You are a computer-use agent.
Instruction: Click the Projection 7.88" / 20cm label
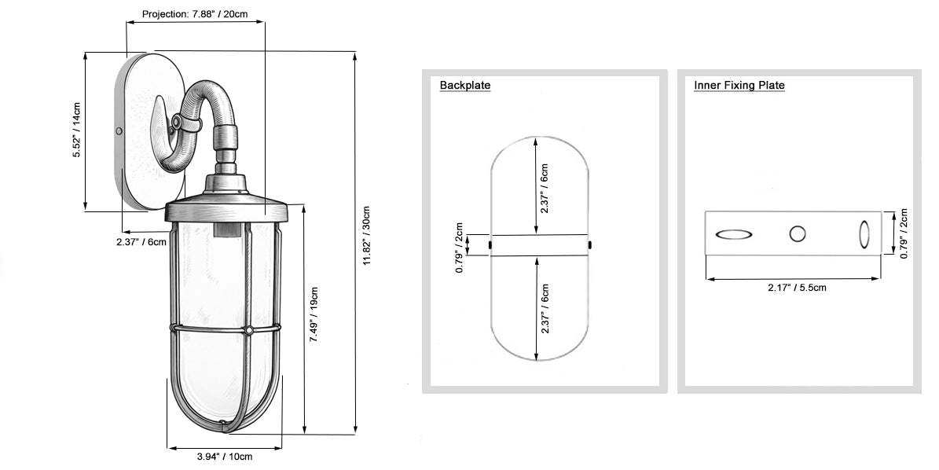pyautogui.click(x=195, y=14)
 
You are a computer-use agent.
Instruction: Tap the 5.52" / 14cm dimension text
pyautogui.click(x=77, y=130)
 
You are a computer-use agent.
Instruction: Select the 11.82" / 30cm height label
pyautogui.click(x=366, y=236)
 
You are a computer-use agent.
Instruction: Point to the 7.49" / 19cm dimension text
pyautogui.click(x=314, y=315)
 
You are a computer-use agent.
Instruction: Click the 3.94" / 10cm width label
pyautogui.click(x=225, y=456)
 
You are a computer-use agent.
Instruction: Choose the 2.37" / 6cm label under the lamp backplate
pyautogui.click(x=141, y=242)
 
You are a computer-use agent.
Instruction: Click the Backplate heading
pyautogui.click(x=464, y=85)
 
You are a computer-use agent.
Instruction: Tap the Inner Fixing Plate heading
pyautogui.click(x=739, y=85)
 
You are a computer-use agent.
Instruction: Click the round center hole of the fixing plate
pyautogui.click(x=797, y=233)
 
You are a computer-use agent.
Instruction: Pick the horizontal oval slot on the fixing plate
pyautogui.click(x=734, y=235)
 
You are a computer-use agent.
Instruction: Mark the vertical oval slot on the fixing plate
pyautogui.click(x=864, y=234)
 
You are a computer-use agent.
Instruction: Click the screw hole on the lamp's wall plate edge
pyautogui.click(x=119, y=130)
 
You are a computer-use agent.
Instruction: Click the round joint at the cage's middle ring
pyautogui.click(x=248, y=330)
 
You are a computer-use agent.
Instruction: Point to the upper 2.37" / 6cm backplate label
pyautogui.click(x=544, y=189)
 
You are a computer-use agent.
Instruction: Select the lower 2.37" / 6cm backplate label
pyautogui.click(x=544, y=309)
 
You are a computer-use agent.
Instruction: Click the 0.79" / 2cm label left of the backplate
pyautogui.click(x=460, y=248)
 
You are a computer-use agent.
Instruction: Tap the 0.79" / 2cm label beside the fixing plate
pyautogui.click(x=904, y=233)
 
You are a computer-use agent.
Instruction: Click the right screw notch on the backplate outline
pyautogui.click(x=590, y=244)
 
